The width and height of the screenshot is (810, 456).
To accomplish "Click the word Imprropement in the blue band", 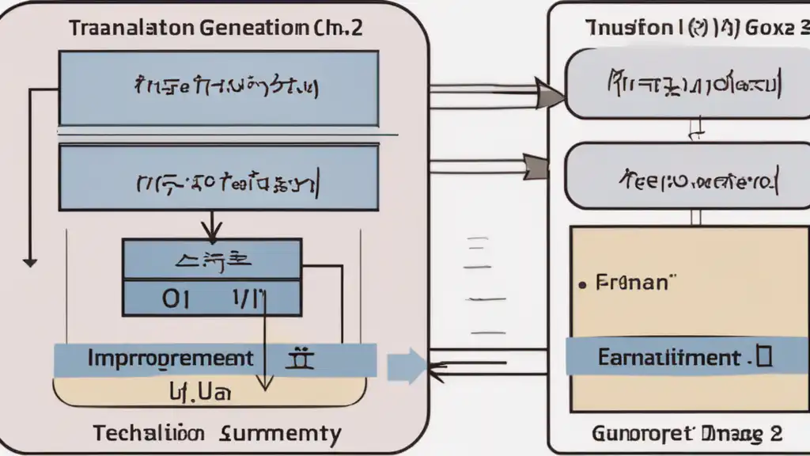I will [171, 359].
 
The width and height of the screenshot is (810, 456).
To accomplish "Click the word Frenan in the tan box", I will [632, 283].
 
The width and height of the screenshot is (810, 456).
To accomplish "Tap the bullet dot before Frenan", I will [582, 283].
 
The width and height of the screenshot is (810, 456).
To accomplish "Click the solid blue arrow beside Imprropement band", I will [404, 367].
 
